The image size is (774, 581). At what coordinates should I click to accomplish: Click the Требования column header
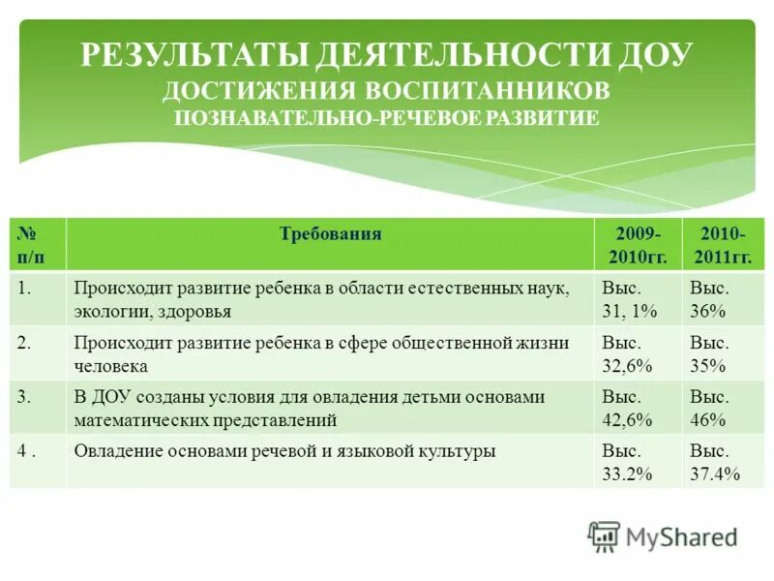(330, 234)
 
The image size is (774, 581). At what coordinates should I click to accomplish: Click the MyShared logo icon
(605, 536)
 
